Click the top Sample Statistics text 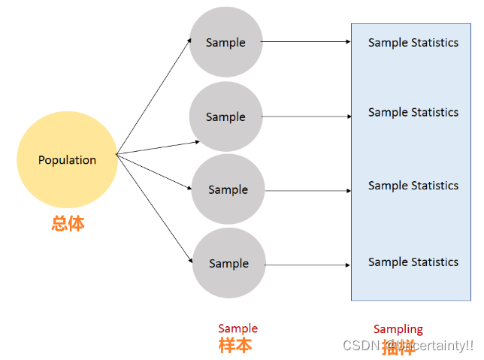pos(413,43)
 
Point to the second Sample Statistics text pos(413,113)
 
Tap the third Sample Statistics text pos(413,186)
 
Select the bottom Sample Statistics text pos(413,262)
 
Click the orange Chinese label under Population pos(68,223)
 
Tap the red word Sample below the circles pos(237,328)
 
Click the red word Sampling pos(398,329)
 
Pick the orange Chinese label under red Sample pos(235,346)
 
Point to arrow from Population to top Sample pos(154,95)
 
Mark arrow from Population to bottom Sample pos(154,208)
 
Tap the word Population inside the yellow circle pos(67,160)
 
